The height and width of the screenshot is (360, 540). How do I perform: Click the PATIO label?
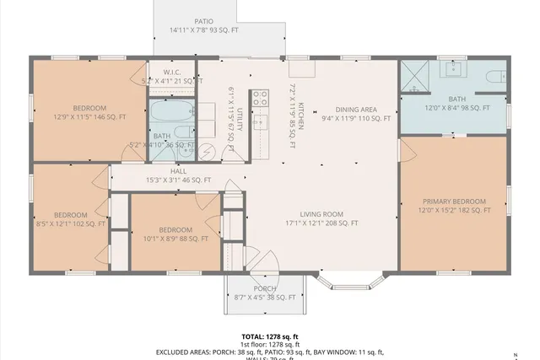click(203, 21)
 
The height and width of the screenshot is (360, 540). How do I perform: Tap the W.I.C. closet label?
click(172, 72)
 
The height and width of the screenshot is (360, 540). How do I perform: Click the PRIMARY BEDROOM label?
click(455, 201)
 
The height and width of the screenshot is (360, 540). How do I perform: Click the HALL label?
click(178, 171)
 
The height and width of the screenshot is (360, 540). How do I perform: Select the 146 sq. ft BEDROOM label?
click(89, 108)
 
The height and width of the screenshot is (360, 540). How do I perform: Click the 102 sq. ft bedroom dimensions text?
click(71, 224)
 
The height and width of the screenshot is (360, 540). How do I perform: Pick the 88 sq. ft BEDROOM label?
click(175, 230)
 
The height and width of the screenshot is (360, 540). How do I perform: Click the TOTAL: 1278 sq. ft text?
click(270, 336)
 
